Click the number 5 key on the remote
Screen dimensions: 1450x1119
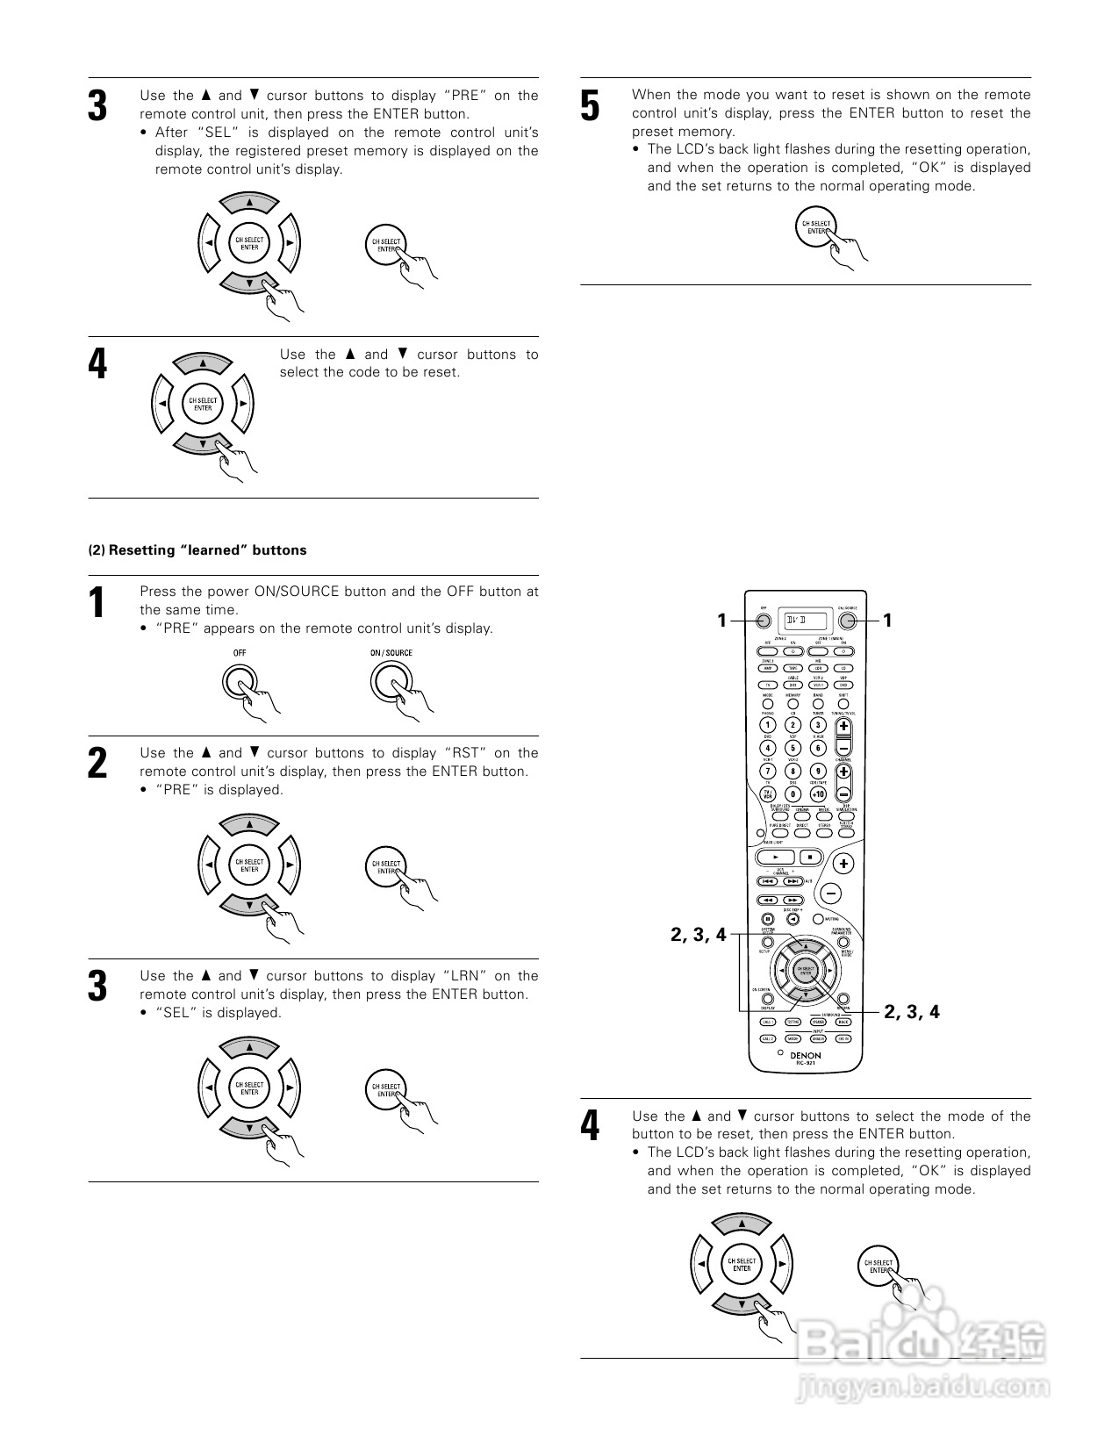pyautogui.click(x=793, y=748)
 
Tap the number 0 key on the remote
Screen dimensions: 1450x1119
pyautogui.click(x=793, y=793)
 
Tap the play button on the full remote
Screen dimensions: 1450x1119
pyautogui.click(x=776, y=857)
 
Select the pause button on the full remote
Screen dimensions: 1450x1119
pyautogui.click(x=767, y=918)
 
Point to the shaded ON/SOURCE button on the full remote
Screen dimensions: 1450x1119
pyautogui.click(x=847, y=621)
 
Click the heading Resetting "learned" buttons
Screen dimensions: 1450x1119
pyautogui.click(x=197, y=550)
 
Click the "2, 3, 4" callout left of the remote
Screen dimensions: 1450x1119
pyautogui.click(x=699, y=935)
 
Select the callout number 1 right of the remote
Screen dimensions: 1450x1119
pyautogui.click(x=887, y=621)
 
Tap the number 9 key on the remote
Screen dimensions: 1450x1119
pyautogui.click(x=818, y=771)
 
